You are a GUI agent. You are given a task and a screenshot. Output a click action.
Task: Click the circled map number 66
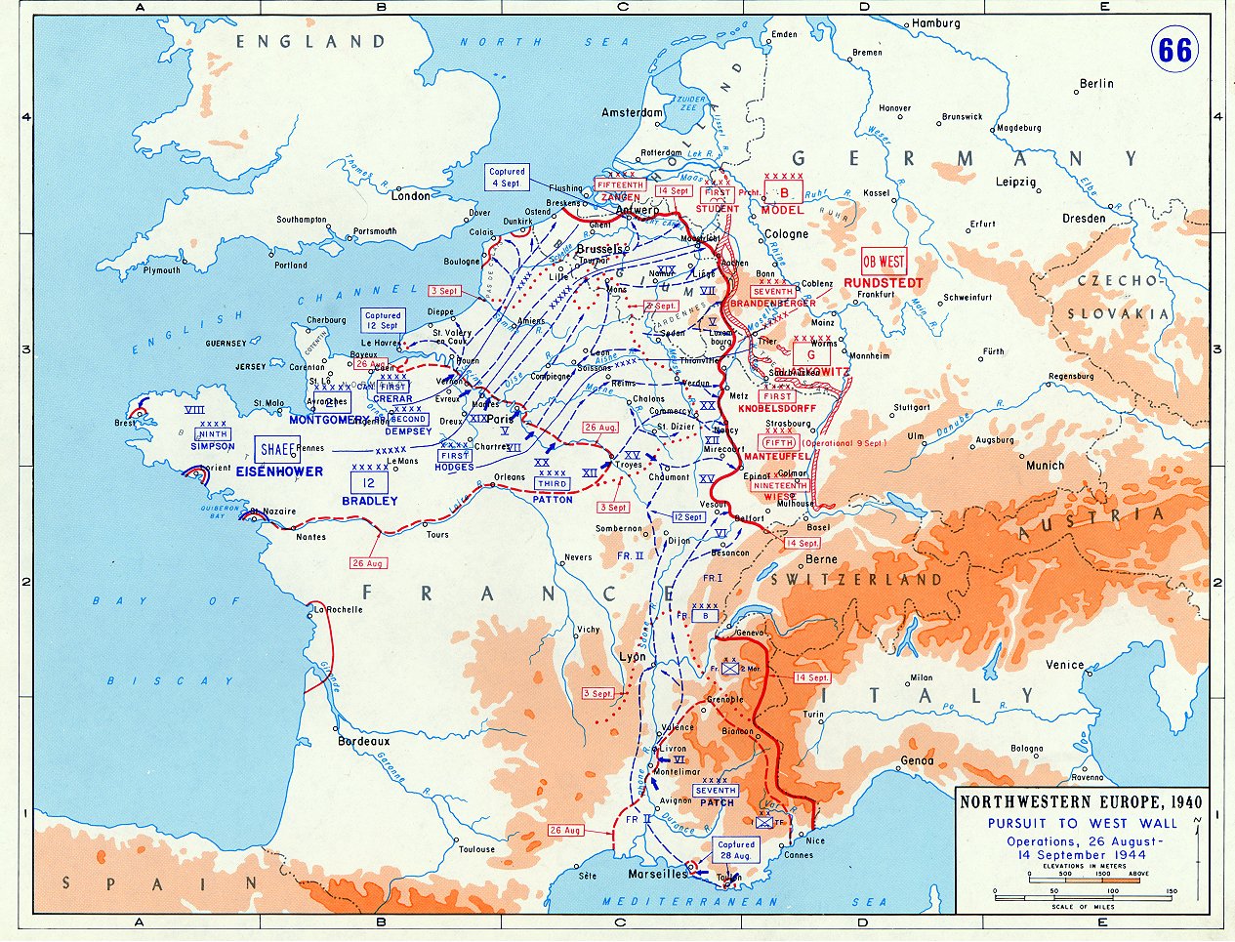click(1174, 49)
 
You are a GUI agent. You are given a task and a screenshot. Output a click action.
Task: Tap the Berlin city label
click(1096, 84)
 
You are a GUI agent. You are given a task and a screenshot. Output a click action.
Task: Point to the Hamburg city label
click(936, 22)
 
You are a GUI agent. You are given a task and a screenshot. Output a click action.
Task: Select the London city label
click(410, 195)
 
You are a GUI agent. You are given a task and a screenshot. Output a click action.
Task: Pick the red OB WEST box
click(883, 262)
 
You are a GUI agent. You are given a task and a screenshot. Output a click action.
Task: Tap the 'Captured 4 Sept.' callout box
click(507, 178)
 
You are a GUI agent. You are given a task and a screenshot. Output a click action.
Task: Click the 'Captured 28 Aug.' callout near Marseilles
click(735, 849)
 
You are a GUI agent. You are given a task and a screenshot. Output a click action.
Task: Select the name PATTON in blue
click(553, 500)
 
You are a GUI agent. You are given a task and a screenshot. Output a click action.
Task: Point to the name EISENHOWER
click(278, 471)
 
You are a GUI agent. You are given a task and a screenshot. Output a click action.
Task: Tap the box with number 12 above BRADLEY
click(369, 482)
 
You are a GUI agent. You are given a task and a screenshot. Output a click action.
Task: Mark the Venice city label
click(1064, 665)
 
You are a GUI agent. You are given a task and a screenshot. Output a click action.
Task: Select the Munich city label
click(1045, 466)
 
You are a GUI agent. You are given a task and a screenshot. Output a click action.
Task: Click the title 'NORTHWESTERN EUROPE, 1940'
click(1081, 802)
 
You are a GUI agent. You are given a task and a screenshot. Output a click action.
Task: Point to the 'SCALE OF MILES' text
click(1082, 907)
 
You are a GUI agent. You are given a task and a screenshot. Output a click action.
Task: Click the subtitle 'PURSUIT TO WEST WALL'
click(1082, 823)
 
